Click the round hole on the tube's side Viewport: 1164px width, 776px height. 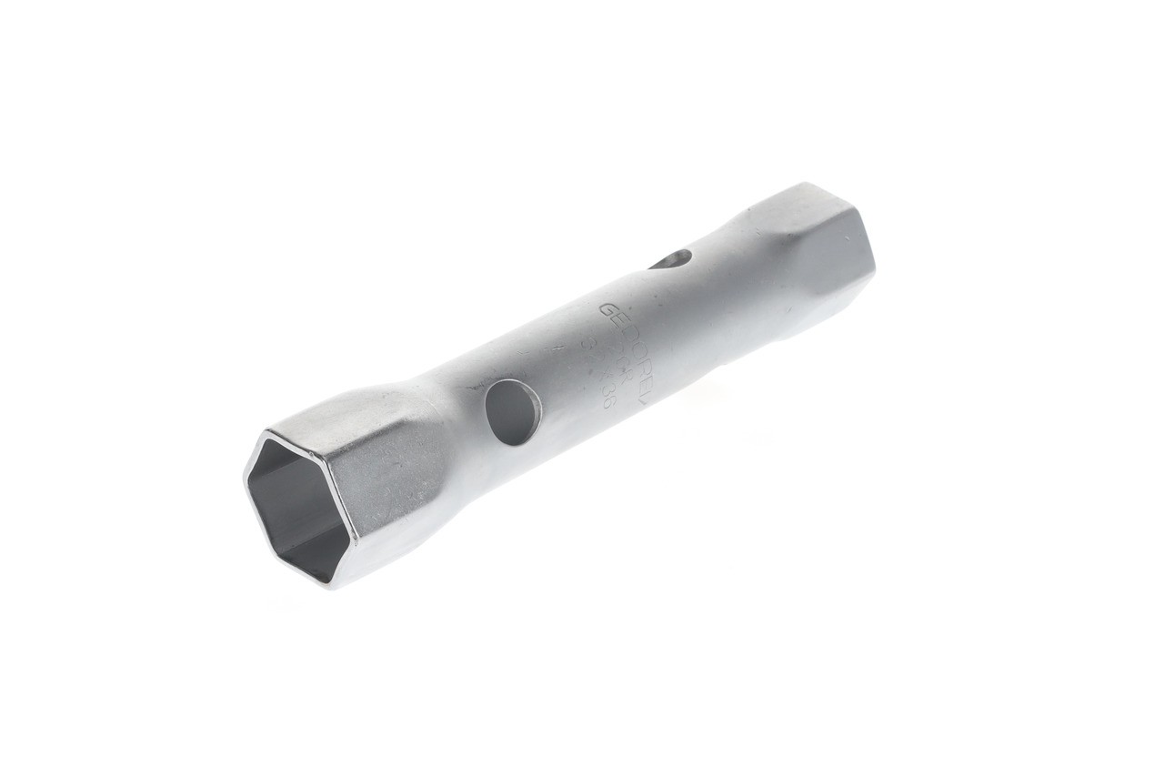(x=513, y=412)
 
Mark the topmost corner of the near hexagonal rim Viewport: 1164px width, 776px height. (x=266, y=432)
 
